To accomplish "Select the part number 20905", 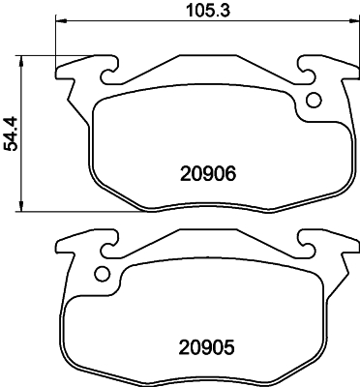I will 207,345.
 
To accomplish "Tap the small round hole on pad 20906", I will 313,99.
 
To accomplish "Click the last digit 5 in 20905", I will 230,345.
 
